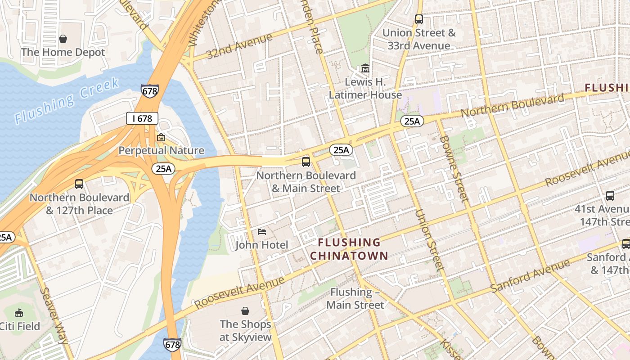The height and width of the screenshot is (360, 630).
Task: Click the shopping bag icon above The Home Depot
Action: click(x=63, y=39)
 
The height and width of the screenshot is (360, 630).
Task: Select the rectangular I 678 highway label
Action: click(x=142, y=119)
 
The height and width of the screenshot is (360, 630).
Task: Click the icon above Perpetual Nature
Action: click(x=161, y=137)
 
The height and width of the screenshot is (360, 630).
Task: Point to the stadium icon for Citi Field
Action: click(x=19, y=313)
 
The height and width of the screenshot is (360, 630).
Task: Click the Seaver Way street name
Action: click(x=54, y=315)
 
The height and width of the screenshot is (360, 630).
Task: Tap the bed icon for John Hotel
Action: click(x=262, y=232)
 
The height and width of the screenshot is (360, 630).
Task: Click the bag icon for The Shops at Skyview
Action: click(x=245, y=311)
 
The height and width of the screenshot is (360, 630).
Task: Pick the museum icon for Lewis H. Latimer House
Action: click(x=365, y=69)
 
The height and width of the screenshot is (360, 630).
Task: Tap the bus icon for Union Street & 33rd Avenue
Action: click(x=418, y=19)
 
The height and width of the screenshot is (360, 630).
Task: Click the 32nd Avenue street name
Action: click(x=239, y=46)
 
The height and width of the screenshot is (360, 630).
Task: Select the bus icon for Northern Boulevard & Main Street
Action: click(x=306, y=162)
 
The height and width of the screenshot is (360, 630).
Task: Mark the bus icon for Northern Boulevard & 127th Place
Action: click(x=79, y=184)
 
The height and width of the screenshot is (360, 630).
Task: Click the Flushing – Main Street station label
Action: click(x=355, y=298)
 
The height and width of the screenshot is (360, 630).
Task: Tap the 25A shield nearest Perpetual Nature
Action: click(x=163, y=169)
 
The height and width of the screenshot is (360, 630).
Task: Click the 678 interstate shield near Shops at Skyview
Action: click(x=172, y=345)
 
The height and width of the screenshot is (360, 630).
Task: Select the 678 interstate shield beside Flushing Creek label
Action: click(x=149, y=91)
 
